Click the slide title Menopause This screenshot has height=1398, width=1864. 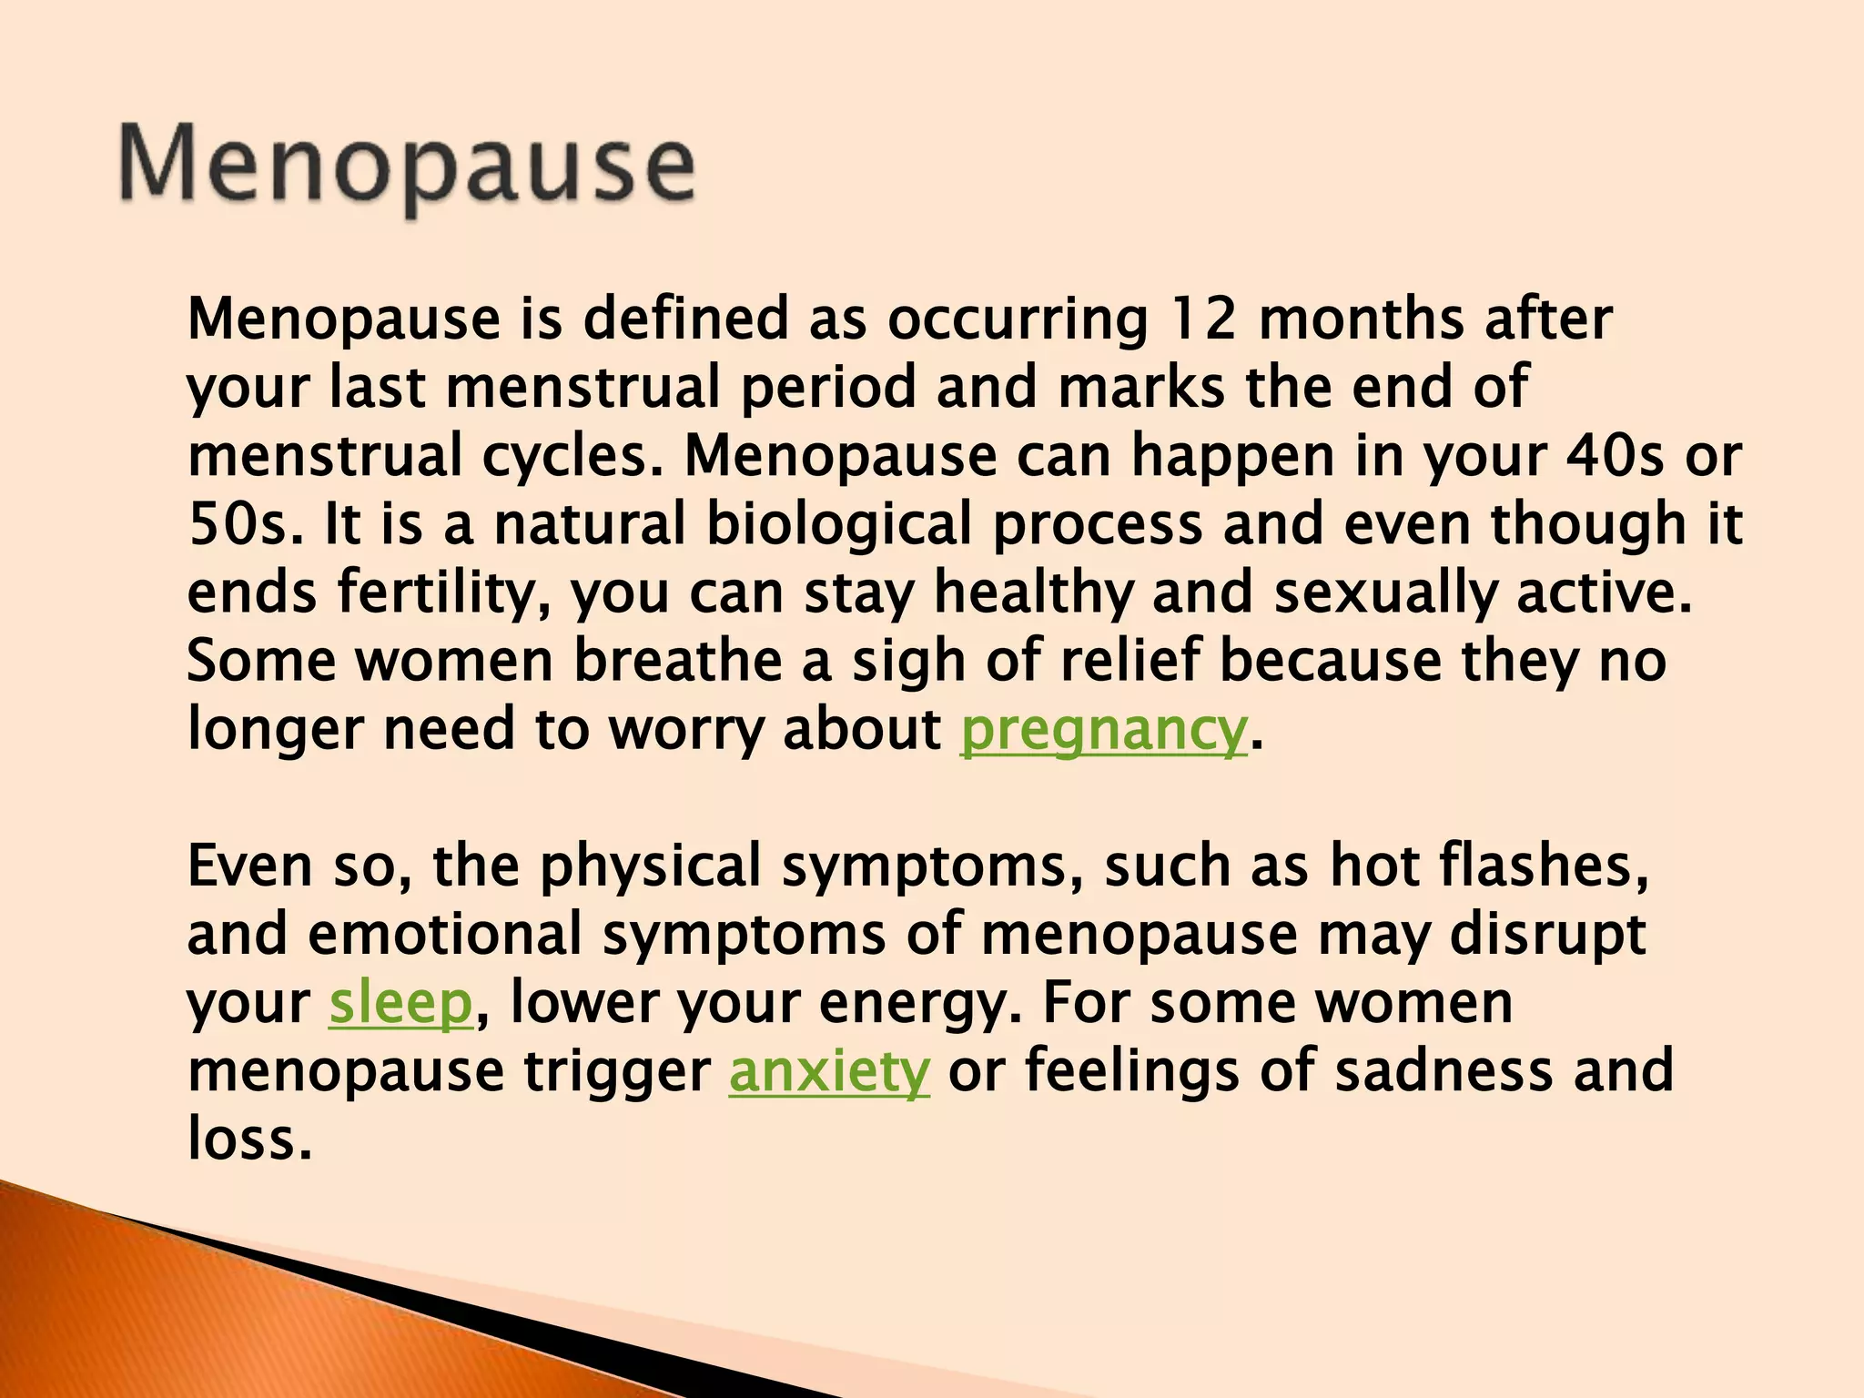click(x=407, y=167)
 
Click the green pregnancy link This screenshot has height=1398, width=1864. click(x=1103, y=731)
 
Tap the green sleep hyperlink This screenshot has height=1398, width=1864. click(x=400, y=1004)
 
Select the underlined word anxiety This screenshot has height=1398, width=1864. click(x=829, y=1072)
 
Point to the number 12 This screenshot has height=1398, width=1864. click(x=1202, y=320)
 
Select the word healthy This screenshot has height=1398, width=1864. click(x=1034, y=593)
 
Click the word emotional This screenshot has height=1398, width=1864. click(x=444, y=936)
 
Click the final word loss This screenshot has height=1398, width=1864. click(x=248, y=1140)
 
